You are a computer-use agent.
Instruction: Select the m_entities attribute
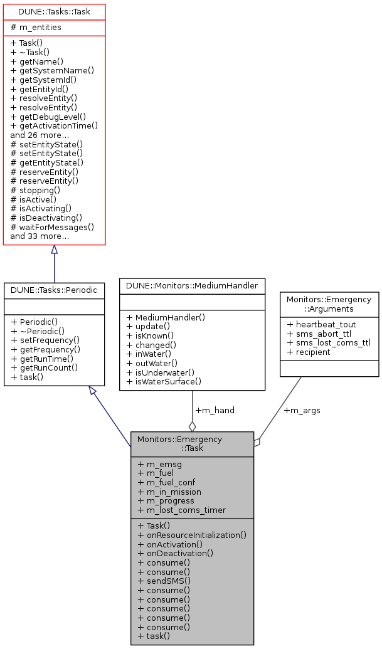(36, 28)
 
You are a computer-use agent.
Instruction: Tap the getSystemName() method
(52, 71)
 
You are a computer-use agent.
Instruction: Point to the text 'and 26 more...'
(40, 135)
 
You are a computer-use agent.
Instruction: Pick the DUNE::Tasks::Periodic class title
(54, 290)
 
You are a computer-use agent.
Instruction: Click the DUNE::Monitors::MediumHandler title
(192, 285)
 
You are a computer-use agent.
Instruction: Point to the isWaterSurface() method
(164, 381)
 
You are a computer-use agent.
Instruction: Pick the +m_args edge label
(302, 411)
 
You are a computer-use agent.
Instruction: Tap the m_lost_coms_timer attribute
(181, 510)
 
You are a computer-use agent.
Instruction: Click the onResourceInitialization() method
(191, 536)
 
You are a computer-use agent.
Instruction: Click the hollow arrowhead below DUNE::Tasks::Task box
(54, 250)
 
